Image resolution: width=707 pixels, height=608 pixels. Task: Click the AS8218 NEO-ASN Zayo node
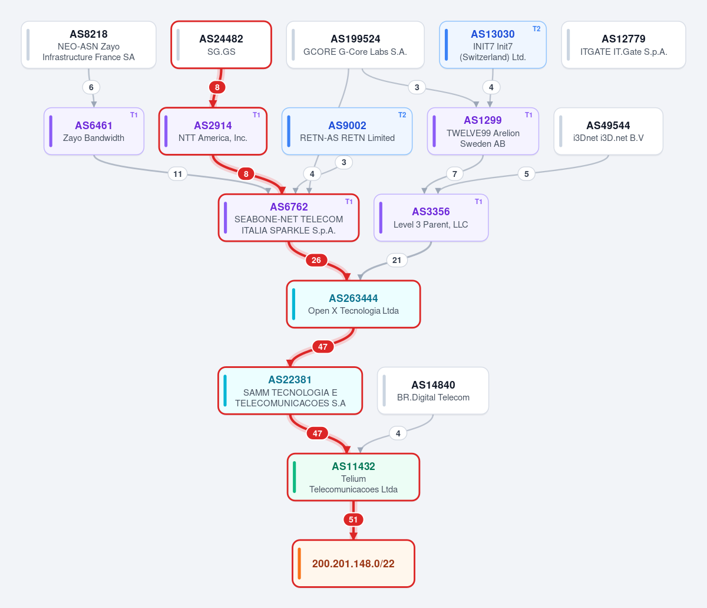click(88, 45)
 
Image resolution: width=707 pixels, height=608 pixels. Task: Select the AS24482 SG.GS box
click(222, 45)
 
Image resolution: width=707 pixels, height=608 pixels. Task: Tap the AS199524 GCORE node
click(355, 45)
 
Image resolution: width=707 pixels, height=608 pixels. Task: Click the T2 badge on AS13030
click(536, 29)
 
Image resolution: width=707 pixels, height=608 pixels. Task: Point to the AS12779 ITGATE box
click(623, 45)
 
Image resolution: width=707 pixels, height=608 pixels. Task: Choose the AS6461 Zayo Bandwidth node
click(94, 131)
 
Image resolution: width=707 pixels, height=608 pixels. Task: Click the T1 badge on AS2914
click(256, 115)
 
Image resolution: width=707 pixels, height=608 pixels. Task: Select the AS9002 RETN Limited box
click(347, 131)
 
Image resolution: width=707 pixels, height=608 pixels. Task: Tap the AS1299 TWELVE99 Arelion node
click(483, 131)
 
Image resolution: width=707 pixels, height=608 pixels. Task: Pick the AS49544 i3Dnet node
click(608, 131)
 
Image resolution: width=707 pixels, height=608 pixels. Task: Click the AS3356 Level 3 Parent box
click(431, 218)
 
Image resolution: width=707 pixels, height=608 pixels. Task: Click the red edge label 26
click(316, 260)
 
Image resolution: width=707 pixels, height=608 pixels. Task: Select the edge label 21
click(397, 260)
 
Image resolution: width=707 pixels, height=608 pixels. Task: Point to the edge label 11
click(177, 174)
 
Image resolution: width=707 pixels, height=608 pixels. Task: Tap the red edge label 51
click(353, 520)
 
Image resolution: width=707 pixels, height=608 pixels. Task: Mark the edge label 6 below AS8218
click(91, 87)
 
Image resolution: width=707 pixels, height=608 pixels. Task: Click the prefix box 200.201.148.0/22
click(353, 564)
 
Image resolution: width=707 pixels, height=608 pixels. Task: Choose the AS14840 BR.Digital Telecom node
click(433, 390)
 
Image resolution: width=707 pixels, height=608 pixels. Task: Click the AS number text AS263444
click(353, 298)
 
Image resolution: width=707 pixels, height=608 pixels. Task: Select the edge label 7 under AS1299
click(455, 174)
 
